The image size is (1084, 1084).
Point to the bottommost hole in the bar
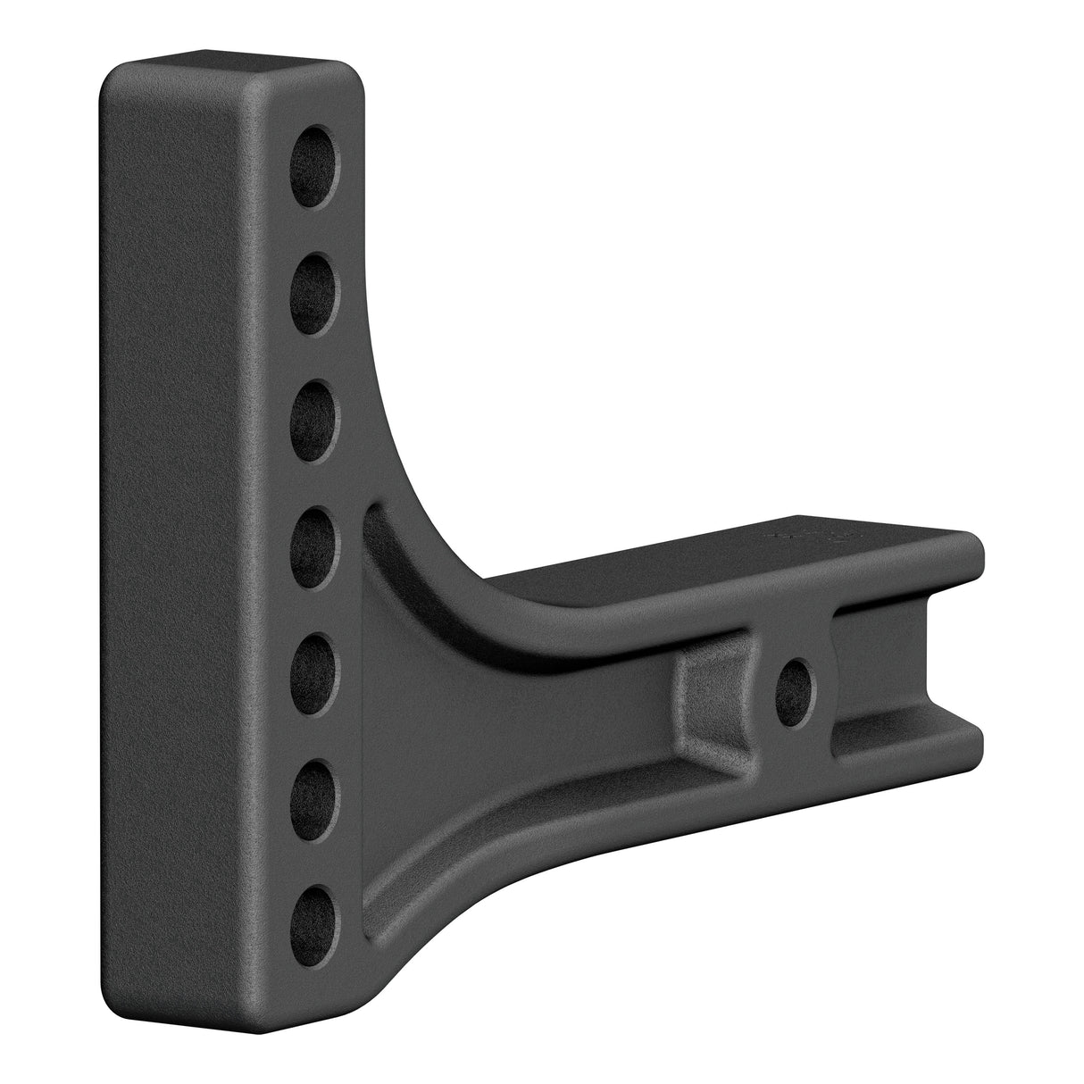(x=320, y=915)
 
